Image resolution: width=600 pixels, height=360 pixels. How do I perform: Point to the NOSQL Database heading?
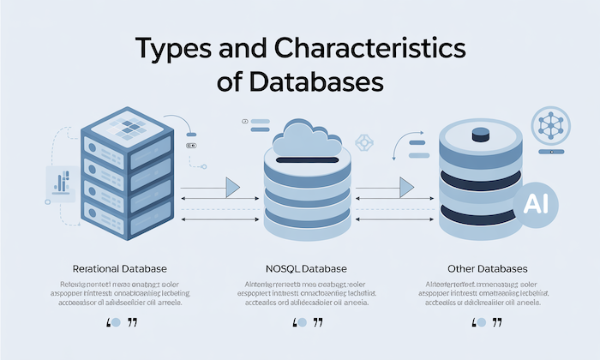click(x=306, y=268)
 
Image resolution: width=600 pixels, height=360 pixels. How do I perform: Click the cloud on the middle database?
click(x=306, y=139)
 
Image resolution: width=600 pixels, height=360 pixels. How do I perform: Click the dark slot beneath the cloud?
click(x=306, y=160)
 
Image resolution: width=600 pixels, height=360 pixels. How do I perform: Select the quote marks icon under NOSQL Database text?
click(x=307, y=324)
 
